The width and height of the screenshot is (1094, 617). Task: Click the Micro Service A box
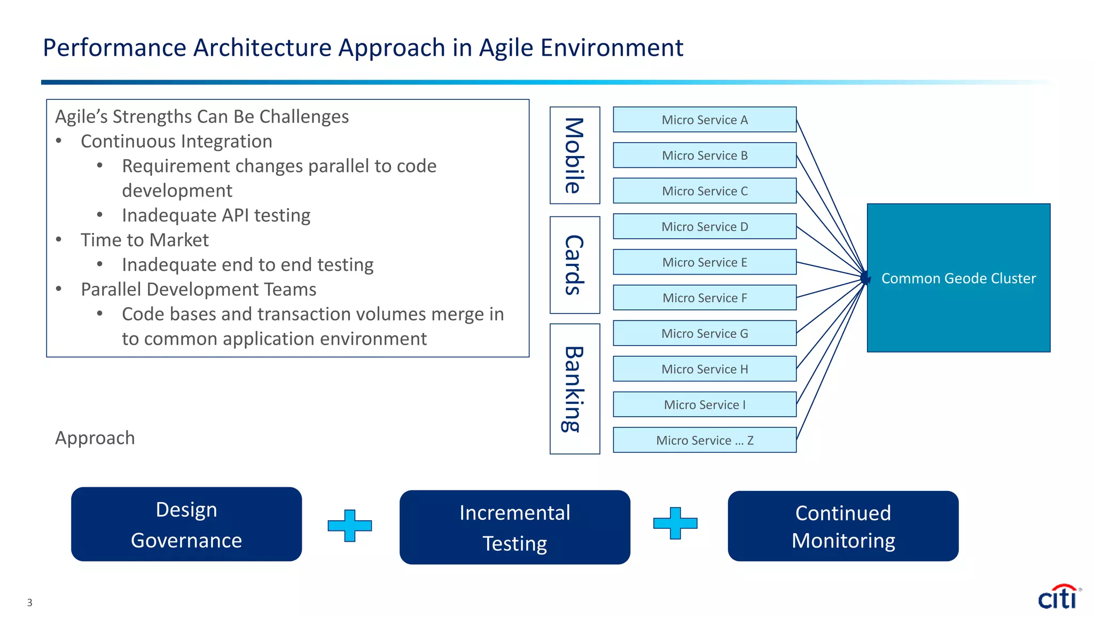pos(704,120)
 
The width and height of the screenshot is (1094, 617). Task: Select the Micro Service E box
pos(704,262)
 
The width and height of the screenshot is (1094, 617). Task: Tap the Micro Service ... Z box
pos(704,440)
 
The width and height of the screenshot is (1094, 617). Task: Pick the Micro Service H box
pos(704,369)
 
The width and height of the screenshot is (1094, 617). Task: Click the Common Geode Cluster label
pos(958,278)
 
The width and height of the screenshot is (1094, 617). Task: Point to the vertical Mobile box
pos(575,155)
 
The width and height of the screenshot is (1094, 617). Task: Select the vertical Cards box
pos(575,265)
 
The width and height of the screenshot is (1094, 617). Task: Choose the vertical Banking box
pos(575,389)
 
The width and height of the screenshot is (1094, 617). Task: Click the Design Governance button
pos(186,524)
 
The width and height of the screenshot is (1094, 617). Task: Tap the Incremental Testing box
pos(514,527)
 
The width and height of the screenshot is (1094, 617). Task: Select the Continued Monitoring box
pos(843,526)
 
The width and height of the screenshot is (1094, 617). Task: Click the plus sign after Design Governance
pos(350,526)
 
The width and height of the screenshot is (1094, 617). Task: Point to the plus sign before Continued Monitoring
pos(675,523)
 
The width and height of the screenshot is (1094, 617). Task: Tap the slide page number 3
pos(30,603)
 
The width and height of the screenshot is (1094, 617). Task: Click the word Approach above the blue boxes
pos(95,438)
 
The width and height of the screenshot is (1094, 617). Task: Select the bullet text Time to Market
pos(144,240)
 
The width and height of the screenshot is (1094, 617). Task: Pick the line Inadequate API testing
pos(216,215)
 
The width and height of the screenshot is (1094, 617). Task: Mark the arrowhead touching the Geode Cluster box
pos(865,278)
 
